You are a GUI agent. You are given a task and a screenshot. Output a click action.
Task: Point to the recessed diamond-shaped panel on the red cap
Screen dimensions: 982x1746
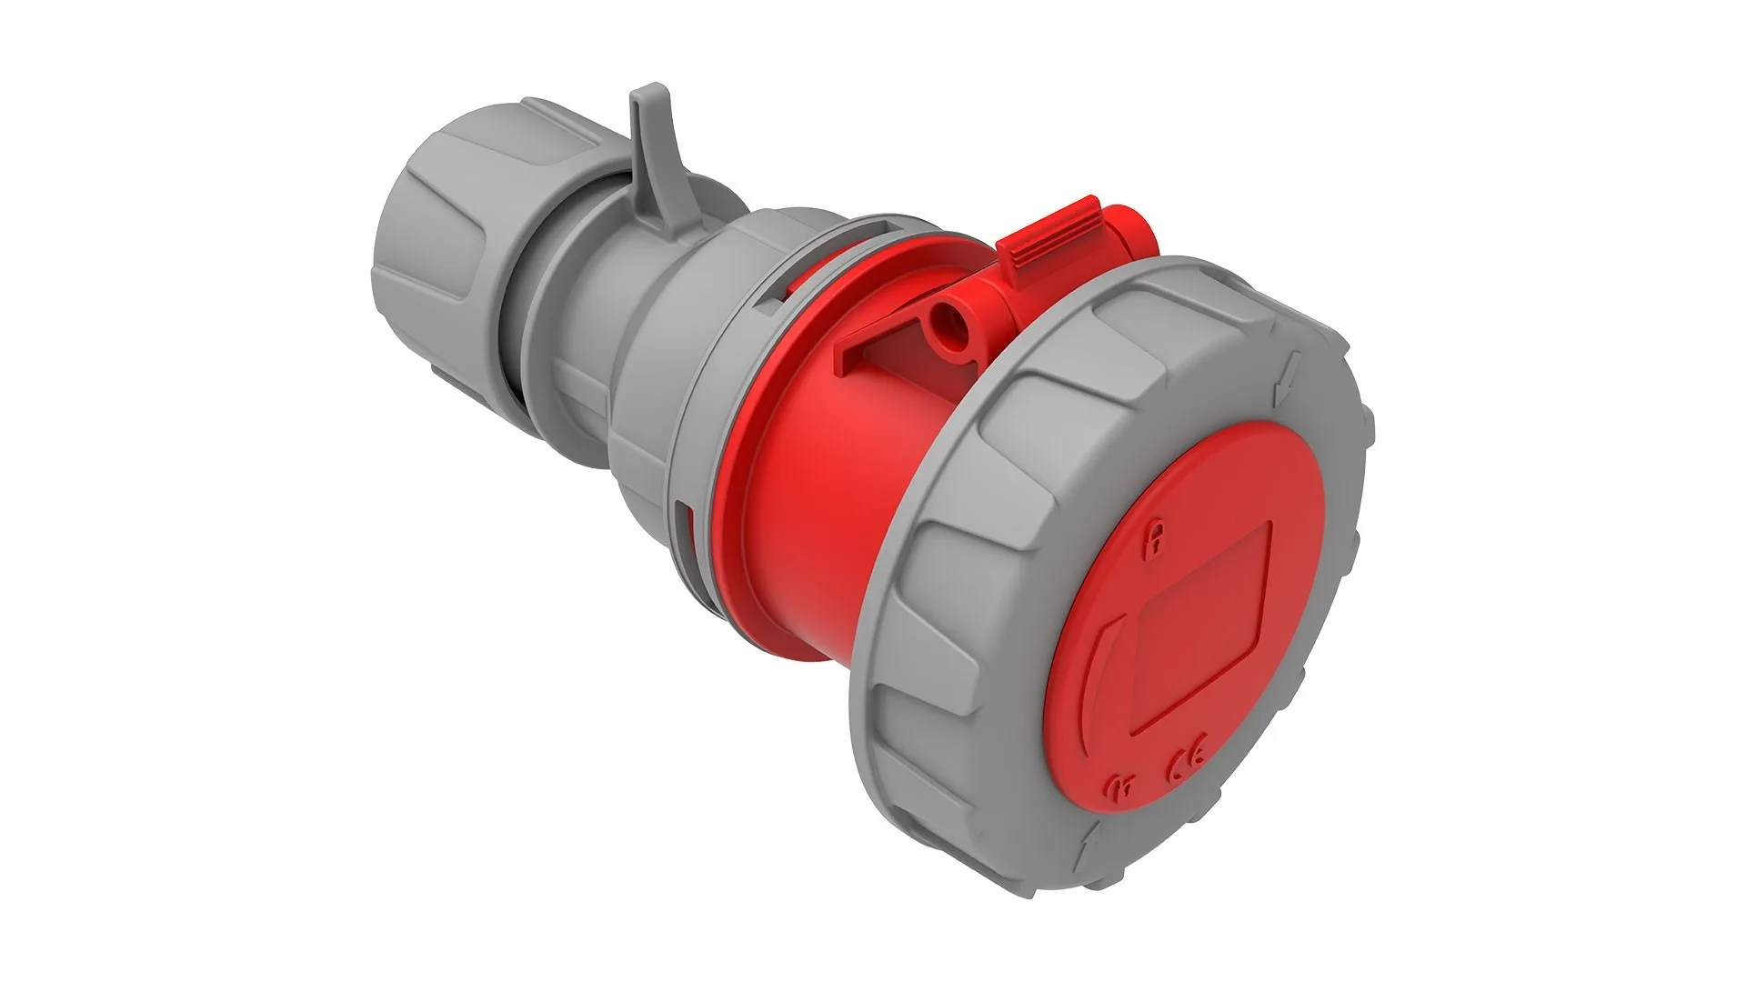point(1200,627)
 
